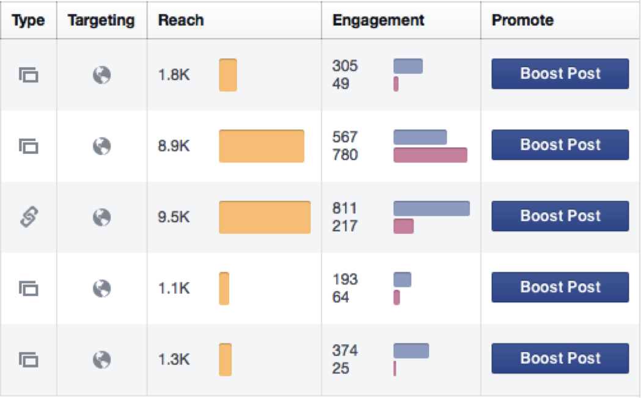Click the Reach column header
coord(181,20)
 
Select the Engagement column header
coord(378,20)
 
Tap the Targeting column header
coord(101,20)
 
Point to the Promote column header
coord(522,20)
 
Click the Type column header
coord(28,20)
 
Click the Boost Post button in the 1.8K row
coord(560,74)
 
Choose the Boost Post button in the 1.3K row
coord(560,358)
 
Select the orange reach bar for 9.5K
coord(265,217)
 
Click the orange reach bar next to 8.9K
coord(262,146)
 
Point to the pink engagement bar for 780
coord(430,155)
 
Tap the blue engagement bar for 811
coord(431,208)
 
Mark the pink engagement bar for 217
coord(403,226)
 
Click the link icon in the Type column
coord(29,217)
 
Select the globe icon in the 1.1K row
coord(101,288)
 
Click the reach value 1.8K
coord(174,75)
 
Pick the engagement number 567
coord(345,137)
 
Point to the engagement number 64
coord(340,297)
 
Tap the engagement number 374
coord(345,350)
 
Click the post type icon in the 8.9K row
coord(29,146)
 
